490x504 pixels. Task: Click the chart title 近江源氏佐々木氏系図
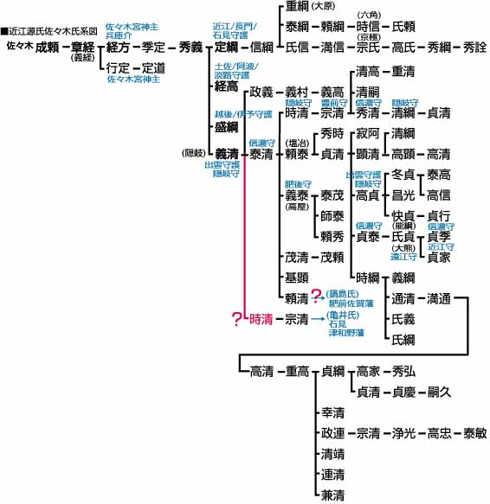click(x=53, y=31)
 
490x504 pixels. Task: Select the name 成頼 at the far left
click(x=47, y=48)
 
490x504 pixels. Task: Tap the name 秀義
click(x=190, y=48)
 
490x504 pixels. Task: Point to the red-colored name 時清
click(x=261, y=319)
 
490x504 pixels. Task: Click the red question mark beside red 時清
click(x=236, y=319)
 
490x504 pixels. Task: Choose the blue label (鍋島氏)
click(x=342, y=294)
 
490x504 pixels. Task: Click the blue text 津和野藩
click(x=346, y=332)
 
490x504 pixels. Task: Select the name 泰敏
click(x=475, y=433)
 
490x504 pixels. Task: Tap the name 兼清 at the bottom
click(x=333, y=495)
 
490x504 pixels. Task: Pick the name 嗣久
click(x=439, y=392)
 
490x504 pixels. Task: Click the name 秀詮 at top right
click(x=475, y=48)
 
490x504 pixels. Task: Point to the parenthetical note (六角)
click(x=369, y=15)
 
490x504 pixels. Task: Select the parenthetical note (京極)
click(x=369, y=37)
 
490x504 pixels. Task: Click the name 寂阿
click(x=368, y=133)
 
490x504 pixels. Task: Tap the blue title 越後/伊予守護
click(x=243, y=114)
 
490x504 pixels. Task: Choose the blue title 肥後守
click(x=298, y=184)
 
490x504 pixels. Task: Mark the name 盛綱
click(x=226, y=127)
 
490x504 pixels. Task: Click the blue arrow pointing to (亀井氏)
click(x=318, y=319)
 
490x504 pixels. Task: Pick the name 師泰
click(x=332, y=216)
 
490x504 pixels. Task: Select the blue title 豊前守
click(x=334, y=103)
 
